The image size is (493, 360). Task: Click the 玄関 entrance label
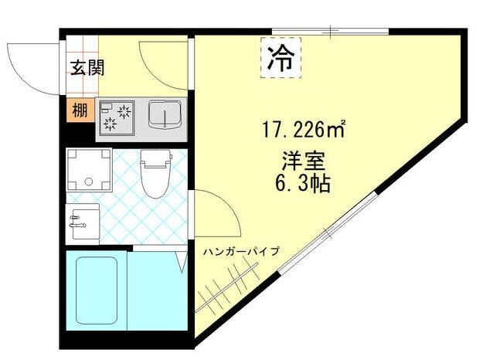(88, 68)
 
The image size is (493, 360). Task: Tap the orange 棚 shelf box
(80, 110)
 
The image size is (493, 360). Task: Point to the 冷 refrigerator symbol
(282, 60)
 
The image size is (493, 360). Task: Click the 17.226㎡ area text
(301, 129)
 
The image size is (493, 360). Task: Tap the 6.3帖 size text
(302, 185)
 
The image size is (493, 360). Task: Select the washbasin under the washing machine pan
(83, 223)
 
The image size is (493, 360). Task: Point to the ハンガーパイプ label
(242, 252)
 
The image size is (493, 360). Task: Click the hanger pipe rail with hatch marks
(227, 285)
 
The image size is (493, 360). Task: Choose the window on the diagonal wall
(328, 231)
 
